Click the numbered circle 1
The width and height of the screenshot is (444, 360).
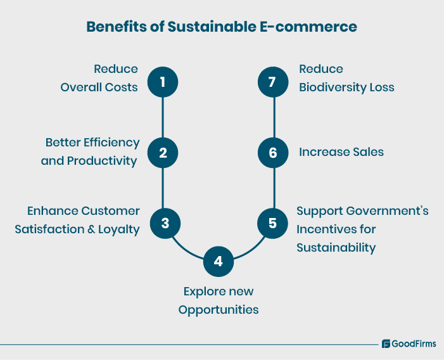tap(163, 82)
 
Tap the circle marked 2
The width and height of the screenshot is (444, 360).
tap(163, 153)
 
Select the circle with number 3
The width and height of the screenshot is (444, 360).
tap(165, 223)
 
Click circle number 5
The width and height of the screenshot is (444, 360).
tap(272, 223)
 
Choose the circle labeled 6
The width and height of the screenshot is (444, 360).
tap(274, 153)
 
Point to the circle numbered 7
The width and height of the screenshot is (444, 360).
tap(274, 82)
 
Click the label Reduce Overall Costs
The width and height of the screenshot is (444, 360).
tap(99, 78)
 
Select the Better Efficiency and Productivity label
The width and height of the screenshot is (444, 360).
tap(91, 151)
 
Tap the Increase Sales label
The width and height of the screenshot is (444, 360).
tap(341, 152)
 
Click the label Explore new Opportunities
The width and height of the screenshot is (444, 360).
tap(219, 300)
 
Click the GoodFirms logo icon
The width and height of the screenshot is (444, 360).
tap(386, 344)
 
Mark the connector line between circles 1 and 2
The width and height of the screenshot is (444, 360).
tap(163, 117)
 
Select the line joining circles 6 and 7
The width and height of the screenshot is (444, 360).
tap(274, 117)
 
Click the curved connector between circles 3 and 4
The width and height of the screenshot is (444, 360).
tap(186, 250)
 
